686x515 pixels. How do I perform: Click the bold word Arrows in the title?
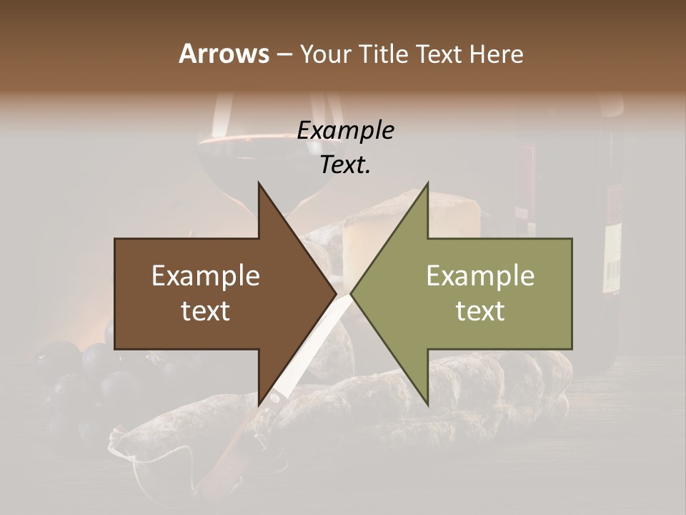[224, 54]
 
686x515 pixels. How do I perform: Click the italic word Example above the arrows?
[345, 130]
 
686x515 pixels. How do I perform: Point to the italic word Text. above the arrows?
[345, 165]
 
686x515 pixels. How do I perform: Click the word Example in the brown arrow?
[206, 276]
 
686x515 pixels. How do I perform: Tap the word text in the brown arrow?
[206, 310]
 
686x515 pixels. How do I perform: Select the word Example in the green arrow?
[480, 276]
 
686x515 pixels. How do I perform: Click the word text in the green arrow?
[480, 310]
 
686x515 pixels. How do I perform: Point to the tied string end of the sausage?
[118, 447]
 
